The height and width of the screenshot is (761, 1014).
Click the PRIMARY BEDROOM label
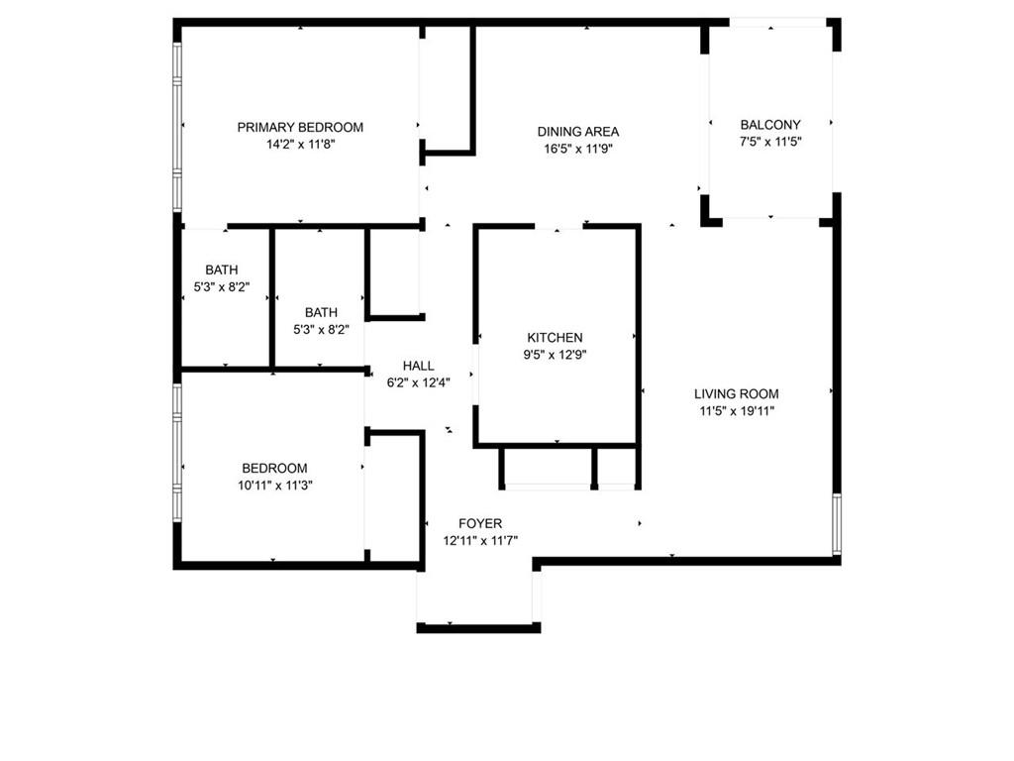[300, 127]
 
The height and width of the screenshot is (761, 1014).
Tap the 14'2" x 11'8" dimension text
[300, 144]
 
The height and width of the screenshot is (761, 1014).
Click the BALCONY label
[770, 125]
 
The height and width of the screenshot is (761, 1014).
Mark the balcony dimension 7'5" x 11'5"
[770, 142]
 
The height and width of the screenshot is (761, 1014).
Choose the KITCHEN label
[555, 338]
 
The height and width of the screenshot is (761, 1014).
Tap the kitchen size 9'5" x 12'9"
[555, 355]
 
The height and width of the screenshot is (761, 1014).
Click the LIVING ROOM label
[736, 393]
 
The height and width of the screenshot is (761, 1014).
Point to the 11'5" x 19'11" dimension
[736, 410]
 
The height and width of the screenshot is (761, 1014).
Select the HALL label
[418, 366]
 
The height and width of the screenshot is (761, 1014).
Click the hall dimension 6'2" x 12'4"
[418, 382]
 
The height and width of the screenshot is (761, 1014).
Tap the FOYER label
[480, 523]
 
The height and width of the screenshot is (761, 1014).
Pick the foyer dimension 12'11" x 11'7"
[480, 540]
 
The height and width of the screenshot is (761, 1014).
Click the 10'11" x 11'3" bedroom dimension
[274, 485]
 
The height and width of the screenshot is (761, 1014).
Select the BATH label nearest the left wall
[222, 270]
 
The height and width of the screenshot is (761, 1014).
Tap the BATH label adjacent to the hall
[321, 312]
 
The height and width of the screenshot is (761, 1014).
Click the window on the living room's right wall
[837, 523]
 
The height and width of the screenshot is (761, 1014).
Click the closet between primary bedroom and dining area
[448, 89]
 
